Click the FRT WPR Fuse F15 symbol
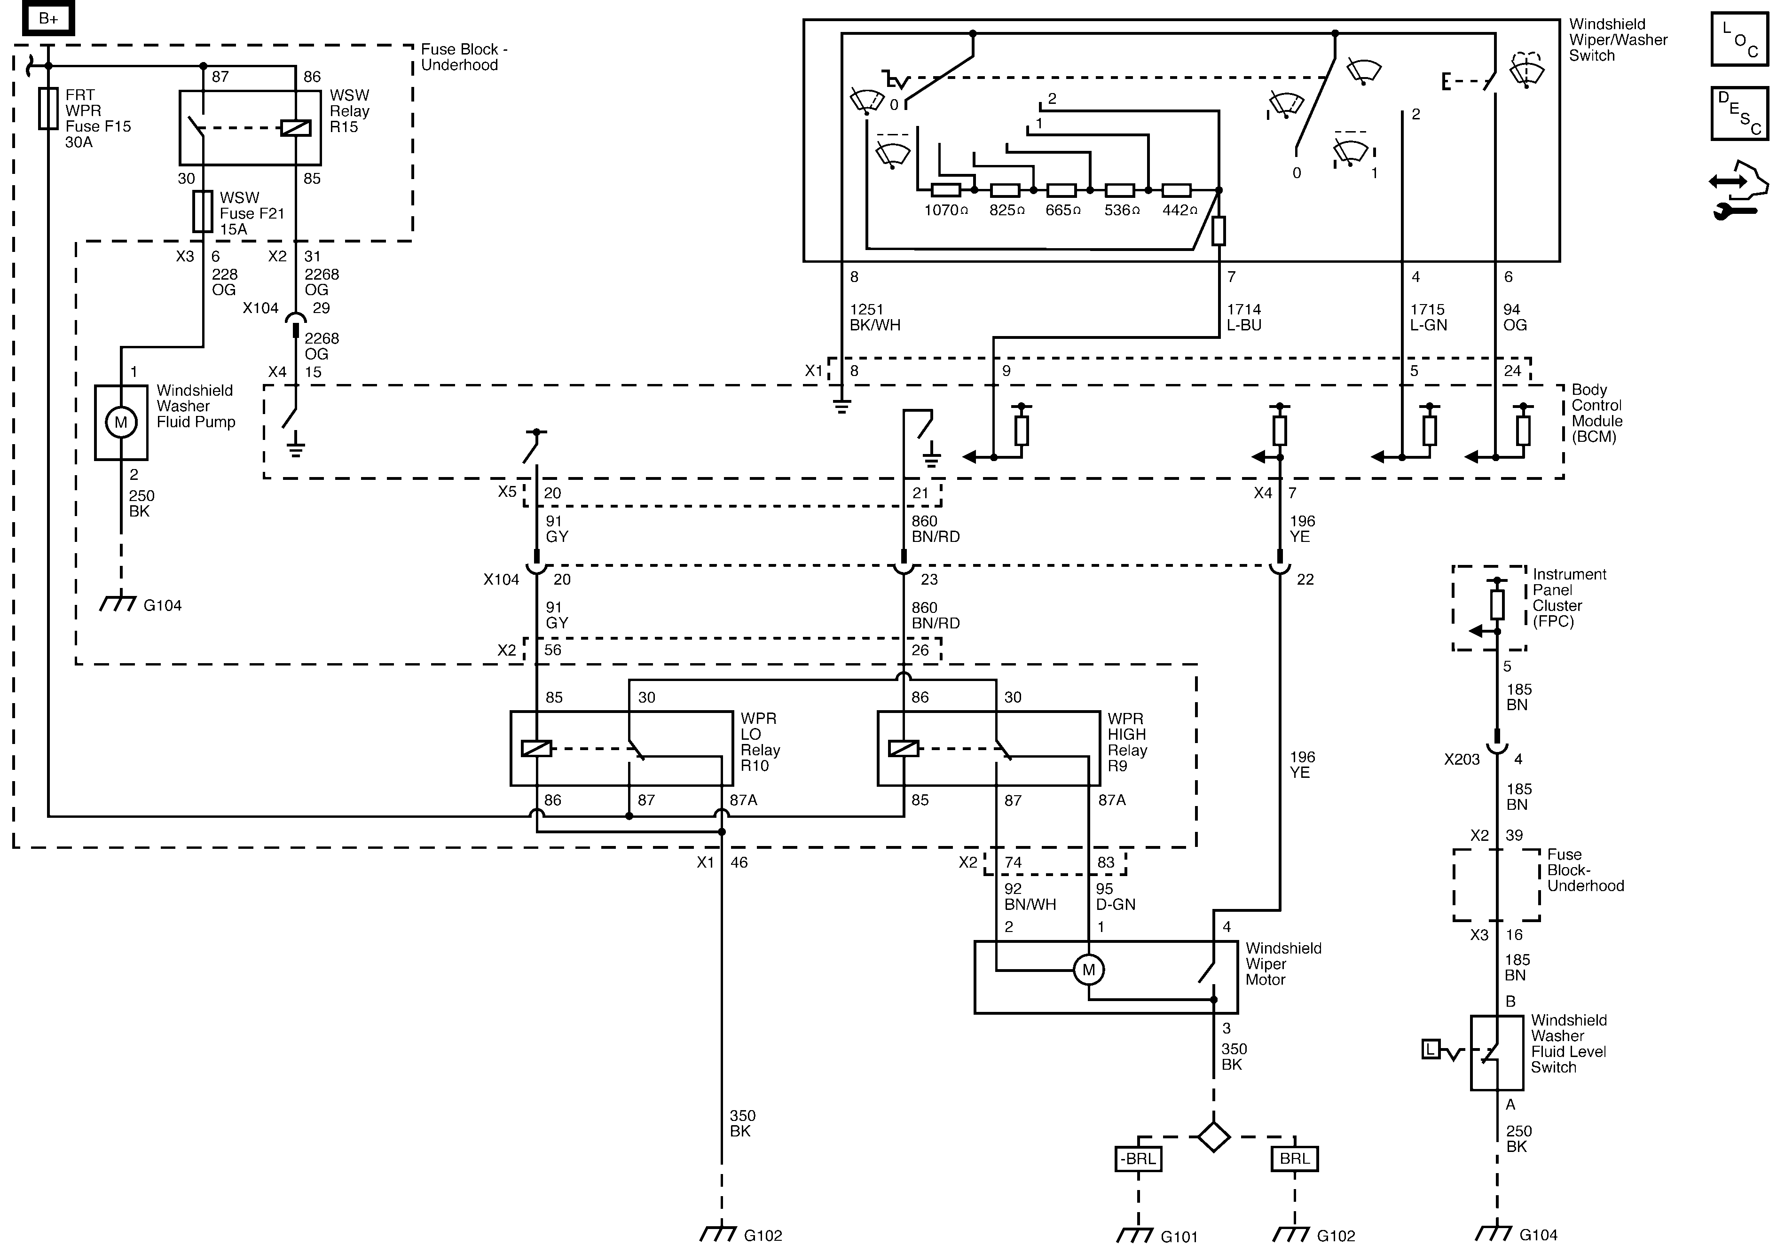48,108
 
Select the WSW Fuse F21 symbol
203,211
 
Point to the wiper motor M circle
1088,970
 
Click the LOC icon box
1739,39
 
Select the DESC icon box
1739,114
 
